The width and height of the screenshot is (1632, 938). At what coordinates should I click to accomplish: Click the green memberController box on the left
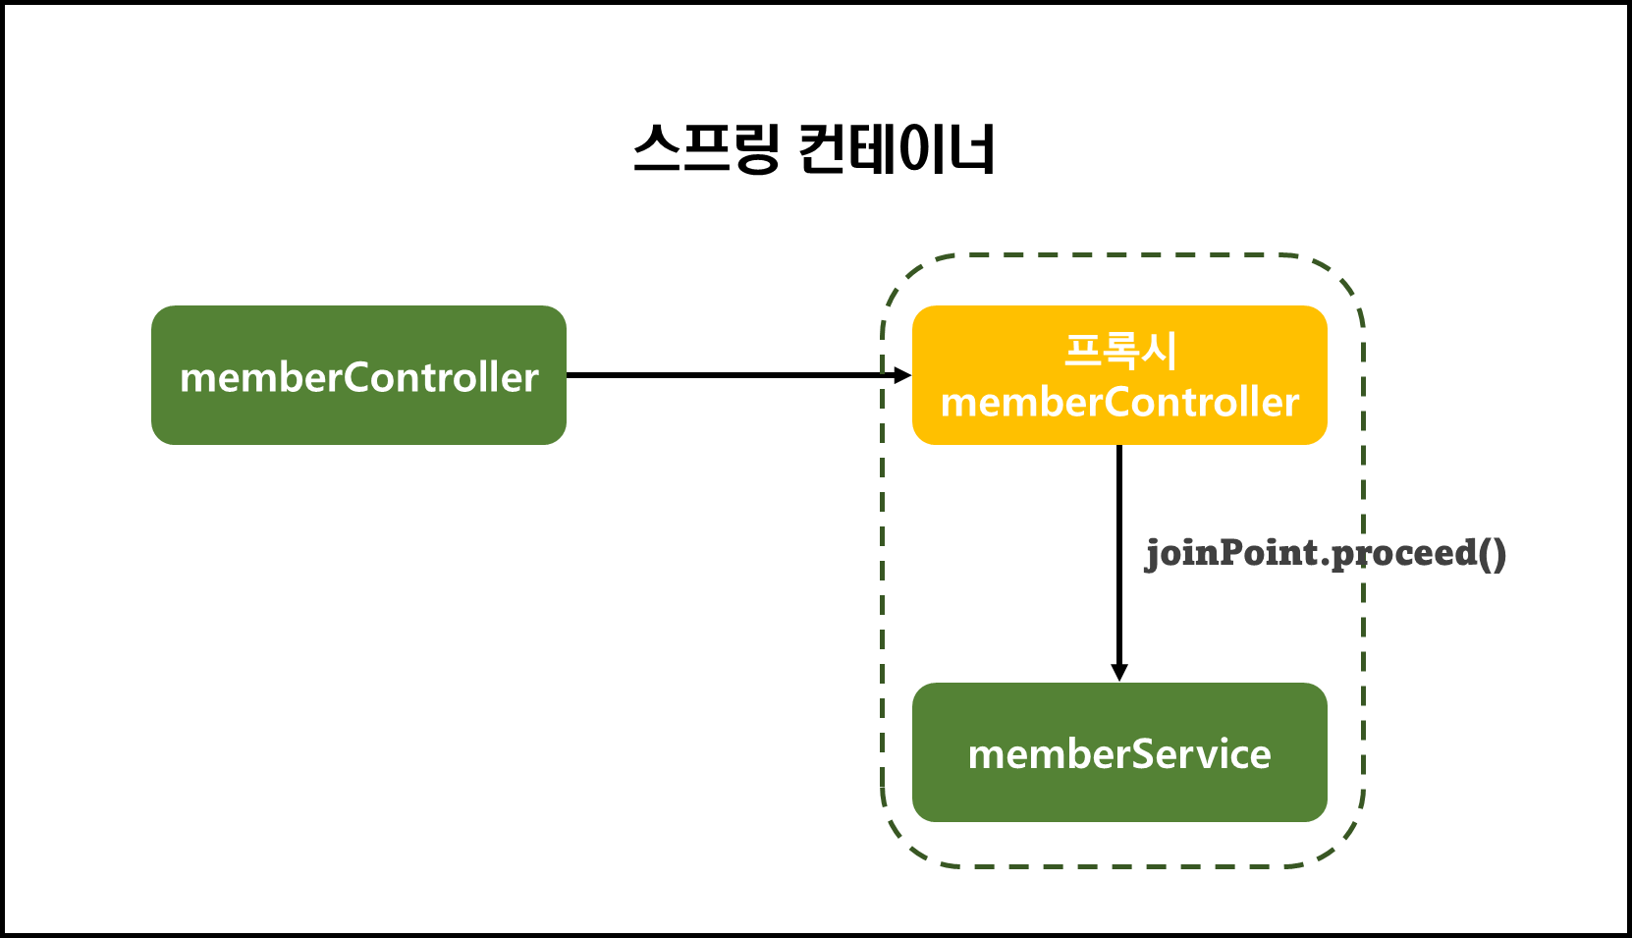tap(358, 375)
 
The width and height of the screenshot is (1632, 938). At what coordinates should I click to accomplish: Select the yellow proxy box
tap(1119, 375)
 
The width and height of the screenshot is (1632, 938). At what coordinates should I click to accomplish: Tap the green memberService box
tap(1119, 752)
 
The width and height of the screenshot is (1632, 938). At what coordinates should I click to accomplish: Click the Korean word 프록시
tap(1120, 351)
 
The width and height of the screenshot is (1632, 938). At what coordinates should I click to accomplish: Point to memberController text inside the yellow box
tap(1119, 403)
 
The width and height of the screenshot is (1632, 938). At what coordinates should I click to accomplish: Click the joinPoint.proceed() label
tap(1325, 553)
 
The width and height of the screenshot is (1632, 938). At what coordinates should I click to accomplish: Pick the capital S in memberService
tap(1145, 754)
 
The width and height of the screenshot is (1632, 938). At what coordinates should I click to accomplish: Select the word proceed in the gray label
tap(1405, 553)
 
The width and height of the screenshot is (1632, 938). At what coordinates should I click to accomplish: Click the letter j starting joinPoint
tap(1152, 554)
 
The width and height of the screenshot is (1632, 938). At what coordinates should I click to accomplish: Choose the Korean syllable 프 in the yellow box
tap(1082, 351)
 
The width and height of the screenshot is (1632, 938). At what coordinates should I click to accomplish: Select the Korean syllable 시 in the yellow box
tap(1160, 351)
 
